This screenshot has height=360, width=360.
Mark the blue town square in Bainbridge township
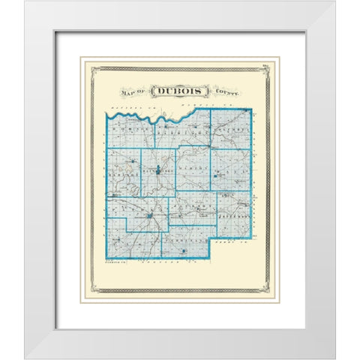pos(158,163)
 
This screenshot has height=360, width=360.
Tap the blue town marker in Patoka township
pos(151,218)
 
